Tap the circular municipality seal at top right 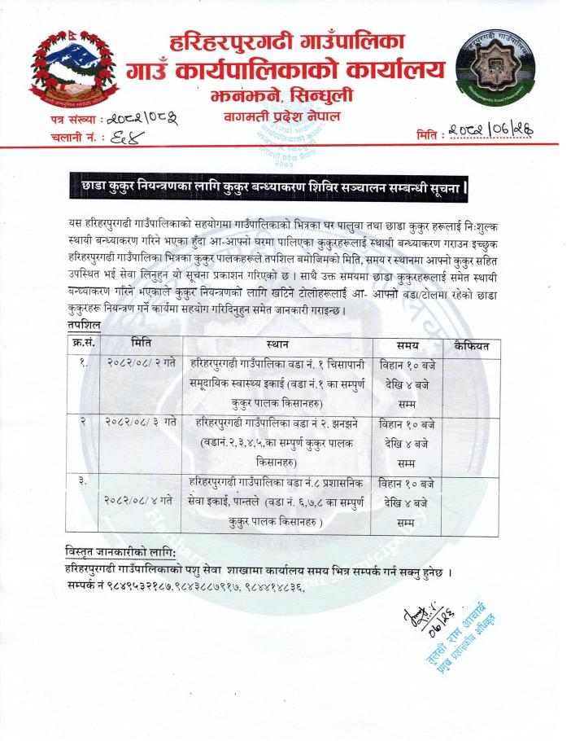tap(495, 64)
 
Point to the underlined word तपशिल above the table tap(84, 326)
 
